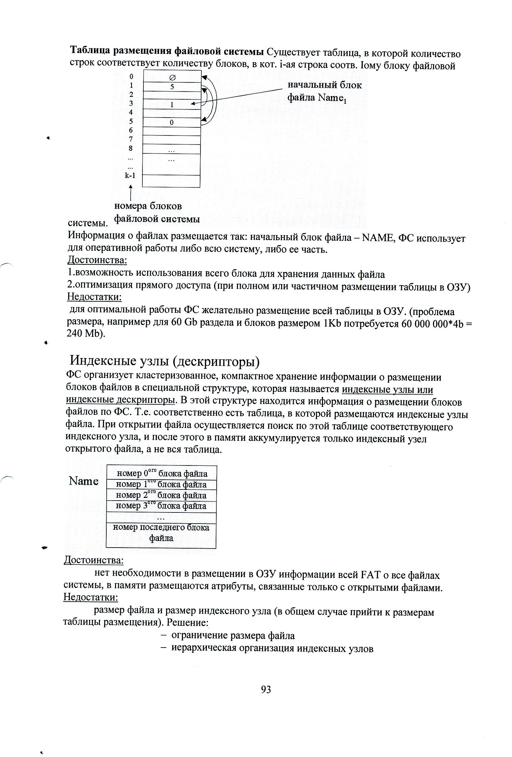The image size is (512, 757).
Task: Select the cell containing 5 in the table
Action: pos(172,86)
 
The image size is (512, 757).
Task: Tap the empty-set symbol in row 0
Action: pos(171,78)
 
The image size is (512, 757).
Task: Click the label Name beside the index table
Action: pos(84,481)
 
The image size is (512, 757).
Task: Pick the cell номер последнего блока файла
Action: pos(161,532)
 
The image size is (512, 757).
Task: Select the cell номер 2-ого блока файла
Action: pos(161,495)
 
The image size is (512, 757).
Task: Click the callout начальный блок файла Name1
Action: pos(324,91)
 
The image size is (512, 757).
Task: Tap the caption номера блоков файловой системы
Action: pos(157,212)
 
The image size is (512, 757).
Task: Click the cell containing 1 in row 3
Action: pos(172,104)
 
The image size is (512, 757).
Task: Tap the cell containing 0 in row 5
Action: pos(171,122)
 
